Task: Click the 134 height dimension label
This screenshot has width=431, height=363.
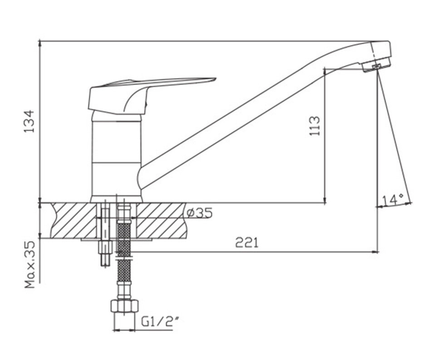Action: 29,121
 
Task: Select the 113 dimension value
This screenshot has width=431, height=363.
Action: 315,126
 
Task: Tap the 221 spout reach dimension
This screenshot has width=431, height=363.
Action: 247,242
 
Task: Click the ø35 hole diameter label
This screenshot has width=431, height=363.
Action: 200,213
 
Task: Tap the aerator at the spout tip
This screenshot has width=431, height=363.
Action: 377,65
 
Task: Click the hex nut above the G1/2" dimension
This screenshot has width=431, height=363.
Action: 124,305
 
